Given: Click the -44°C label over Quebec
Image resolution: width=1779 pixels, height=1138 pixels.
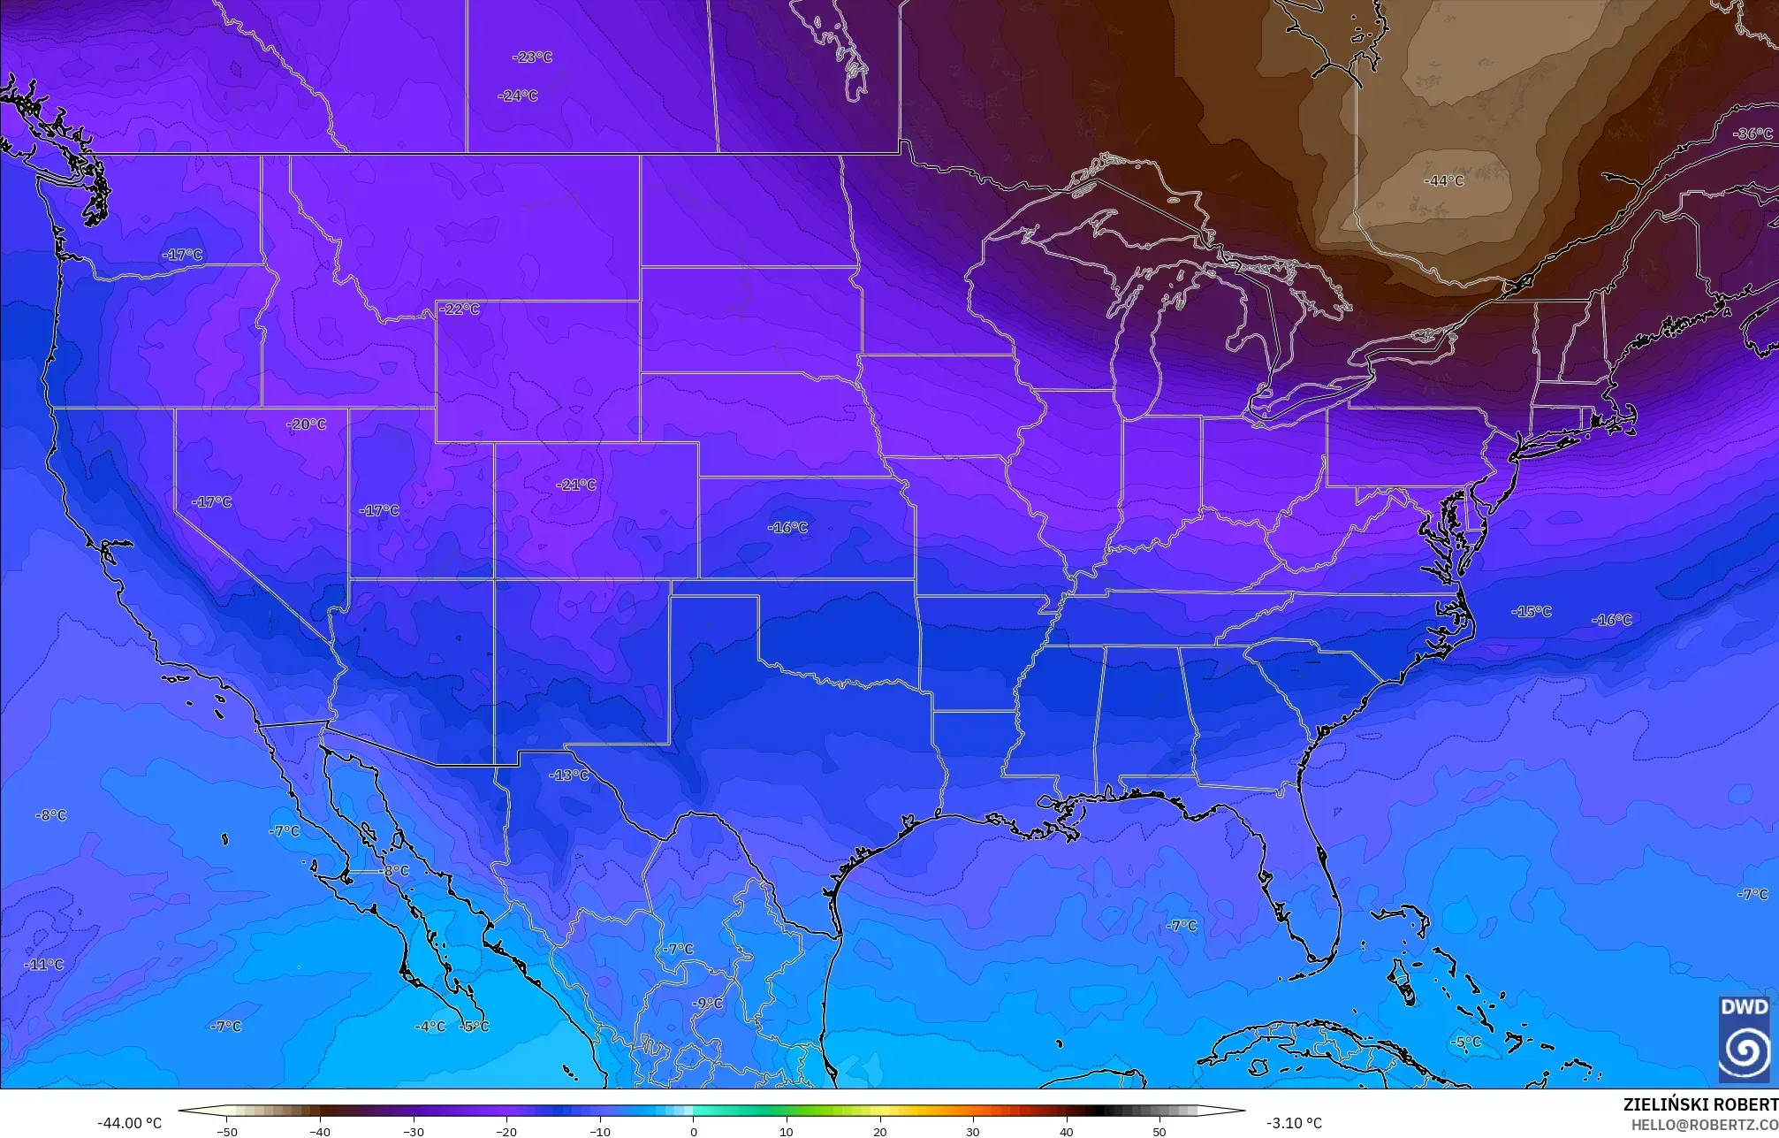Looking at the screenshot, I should coord(1443,180).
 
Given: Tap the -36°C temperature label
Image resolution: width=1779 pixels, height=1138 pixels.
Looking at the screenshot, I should coord(1753,134).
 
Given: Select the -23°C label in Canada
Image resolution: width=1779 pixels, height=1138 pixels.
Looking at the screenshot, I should coord(532,57).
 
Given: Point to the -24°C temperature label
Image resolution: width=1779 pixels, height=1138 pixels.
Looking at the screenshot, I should coord(517,95).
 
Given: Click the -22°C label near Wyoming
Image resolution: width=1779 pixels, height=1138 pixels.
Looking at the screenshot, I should coord(460,309).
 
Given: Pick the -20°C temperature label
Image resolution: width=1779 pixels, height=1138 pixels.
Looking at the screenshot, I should coord(306,424).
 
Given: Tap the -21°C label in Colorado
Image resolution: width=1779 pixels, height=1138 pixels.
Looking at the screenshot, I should coord(575,485).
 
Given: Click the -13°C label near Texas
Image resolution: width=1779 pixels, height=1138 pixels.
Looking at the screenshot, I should coord(568,775).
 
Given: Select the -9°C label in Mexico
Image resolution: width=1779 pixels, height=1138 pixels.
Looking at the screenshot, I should coord(706,1003).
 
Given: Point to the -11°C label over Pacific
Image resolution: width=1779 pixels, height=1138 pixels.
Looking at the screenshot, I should coord(43,964).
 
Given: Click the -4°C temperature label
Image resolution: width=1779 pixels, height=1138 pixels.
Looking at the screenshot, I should coord(430,1026).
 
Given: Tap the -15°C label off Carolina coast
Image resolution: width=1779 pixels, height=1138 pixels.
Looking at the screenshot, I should coord(1531,611).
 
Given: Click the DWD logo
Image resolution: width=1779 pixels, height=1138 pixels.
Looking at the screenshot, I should coord(1744,1038).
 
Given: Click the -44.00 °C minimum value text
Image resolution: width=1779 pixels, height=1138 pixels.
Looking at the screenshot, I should coord(129,1123).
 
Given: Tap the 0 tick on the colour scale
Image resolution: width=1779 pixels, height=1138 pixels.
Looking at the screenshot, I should coord(693,1132).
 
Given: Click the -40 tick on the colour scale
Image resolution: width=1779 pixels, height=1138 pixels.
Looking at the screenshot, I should coord(320,1132).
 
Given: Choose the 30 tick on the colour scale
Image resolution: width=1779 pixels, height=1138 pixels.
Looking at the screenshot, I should coord(973,1132).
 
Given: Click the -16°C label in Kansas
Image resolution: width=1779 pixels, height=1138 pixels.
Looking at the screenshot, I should coord(787,527).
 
